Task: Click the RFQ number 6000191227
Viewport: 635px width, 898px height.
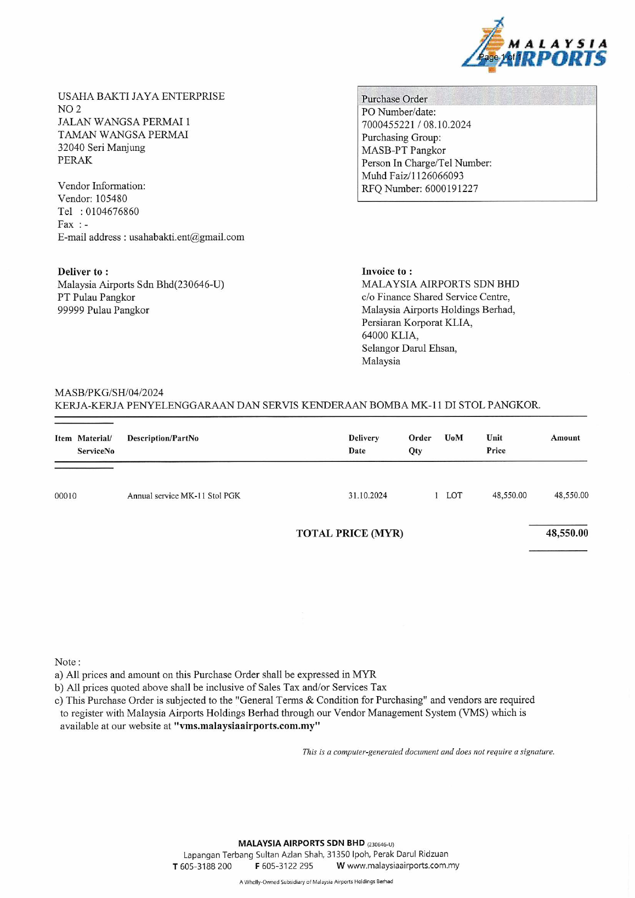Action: pos(451,189)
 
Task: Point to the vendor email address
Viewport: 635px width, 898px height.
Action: pos(186,237)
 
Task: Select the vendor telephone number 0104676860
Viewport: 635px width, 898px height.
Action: pos(112,212)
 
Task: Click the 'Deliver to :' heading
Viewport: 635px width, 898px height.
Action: pos(83,272)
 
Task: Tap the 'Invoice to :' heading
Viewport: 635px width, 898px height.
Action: pos(387,271)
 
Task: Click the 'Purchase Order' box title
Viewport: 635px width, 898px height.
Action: pos(394,99)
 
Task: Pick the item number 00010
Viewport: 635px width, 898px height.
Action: pos(65,496)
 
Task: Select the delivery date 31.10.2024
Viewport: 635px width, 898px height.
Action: pos(367,495)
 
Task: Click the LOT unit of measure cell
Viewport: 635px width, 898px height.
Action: pos(454,495)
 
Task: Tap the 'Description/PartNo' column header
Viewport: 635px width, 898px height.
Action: pos(163,438)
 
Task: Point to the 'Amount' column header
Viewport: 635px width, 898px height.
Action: pos(565,438)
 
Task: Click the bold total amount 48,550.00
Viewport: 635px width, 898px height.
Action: pos(566,533)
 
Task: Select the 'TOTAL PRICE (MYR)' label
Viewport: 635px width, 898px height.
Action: pos(349,533)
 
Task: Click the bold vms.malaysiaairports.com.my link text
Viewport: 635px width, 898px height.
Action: pos(247,726)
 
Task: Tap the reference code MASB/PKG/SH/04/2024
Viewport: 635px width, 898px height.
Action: pos(109,393)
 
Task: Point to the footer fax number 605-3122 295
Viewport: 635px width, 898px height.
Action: pos(287,866)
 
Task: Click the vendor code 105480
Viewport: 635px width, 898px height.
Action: pos(111,199)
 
